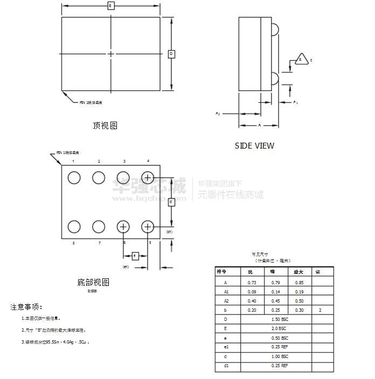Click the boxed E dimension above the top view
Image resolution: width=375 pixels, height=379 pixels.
pos(110,6)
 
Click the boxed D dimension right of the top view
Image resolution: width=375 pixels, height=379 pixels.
pos(171,54)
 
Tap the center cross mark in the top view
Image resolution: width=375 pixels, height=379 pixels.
pos(111,54)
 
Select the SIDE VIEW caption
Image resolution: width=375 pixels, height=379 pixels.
pos(254,145)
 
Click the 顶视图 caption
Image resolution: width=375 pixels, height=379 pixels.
pos(105,125)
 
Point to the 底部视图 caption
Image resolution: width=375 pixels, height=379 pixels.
pos(93,282)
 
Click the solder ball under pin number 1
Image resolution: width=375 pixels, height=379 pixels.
pos(73,177)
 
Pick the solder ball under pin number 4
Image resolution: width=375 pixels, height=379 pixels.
pos(148,177)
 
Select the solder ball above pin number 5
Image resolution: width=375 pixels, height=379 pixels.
pos(148,227)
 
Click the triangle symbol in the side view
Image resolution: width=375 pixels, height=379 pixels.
pos(303,60)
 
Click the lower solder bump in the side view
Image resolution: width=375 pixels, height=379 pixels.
pos(275,78)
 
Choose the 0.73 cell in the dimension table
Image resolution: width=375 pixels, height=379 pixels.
pos(252,282)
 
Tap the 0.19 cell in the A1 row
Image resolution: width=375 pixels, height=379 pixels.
pos(299,291)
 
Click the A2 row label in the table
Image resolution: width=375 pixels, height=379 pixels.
pos(226,301)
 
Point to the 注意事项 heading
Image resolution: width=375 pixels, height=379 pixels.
pos(26,307)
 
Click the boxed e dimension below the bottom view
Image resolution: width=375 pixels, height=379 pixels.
pos(136,256)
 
